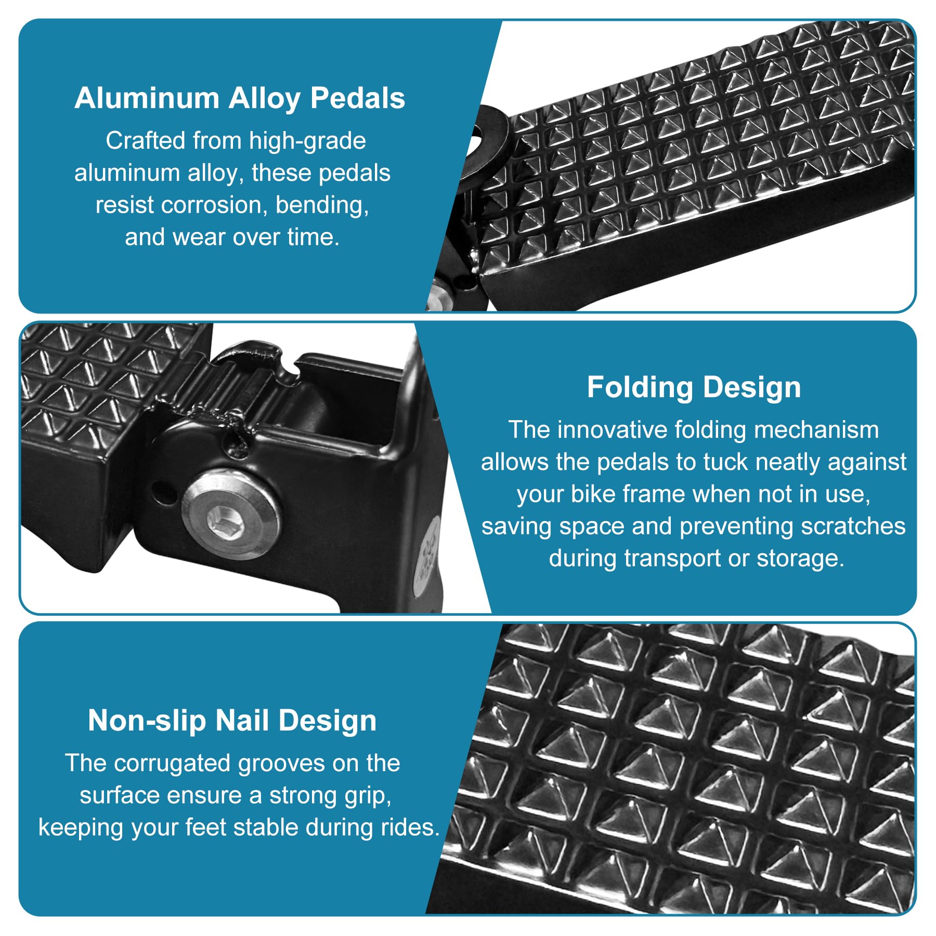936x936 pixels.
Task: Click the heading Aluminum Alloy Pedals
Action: (240, 98)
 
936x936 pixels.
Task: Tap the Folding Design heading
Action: (694, 387)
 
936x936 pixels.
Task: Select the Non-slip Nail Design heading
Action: (232, 721)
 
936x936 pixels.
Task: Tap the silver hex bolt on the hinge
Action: (231, 514)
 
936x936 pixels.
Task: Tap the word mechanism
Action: (816, 430)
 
